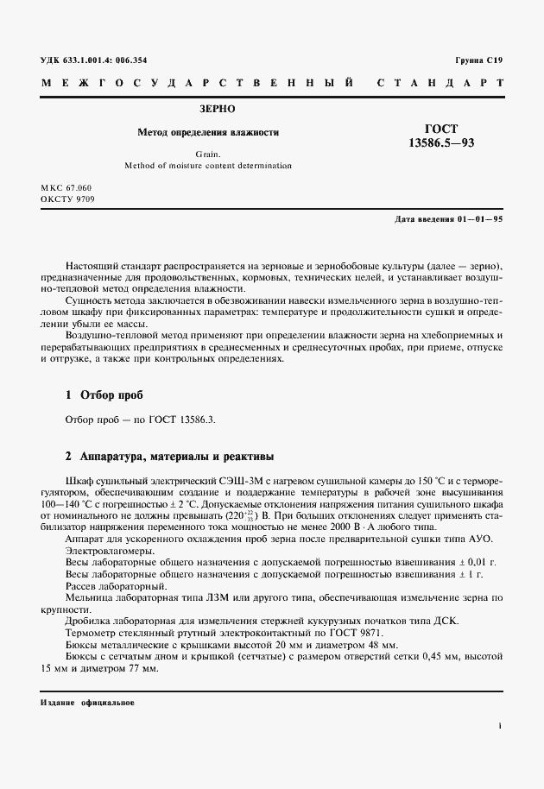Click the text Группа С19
point(478,61)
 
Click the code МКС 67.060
point(66,187)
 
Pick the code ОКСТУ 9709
point(67,199)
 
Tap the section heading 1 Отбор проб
point(104,395)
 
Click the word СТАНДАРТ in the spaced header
point(440,84)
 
